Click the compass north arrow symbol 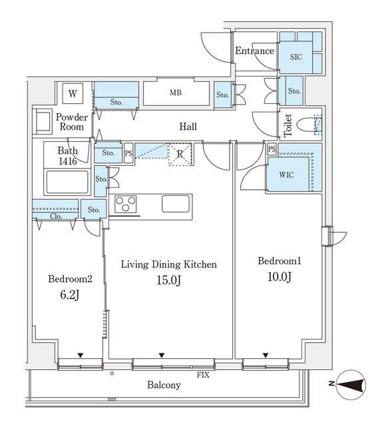(351, 385)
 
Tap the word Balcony (164, 385)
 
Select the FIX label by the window (203, 375)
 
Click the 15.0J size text (168, 280)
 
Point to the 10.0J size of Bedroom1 (280, 277)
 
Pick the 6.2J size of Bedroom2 (69, 294)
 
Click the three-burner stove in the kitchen (125, 204)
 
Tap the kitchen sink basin (176, 204)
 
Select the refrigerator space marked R (180, 154)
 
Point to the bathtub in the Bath (67, 182)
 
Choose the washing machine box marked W (73, 93)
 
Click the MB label (176, 93)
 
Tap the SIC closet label (295, 57)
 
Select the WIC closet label (286, 174)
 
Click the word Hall (188, 126)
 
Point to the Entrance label (254, 51)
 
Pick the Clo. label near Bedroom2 (56, 216)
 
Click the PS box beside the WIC (272, 149)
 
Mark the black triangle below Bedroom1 (266, 355)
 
